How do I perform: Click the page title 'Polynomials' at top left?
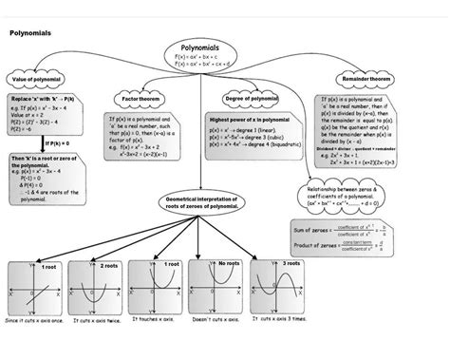point(29,33)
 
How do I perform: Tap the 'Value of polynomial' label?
point(36,79)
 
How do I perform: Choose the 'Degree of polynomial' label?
point(250,98)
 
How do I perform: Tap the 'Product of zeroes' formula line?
point(344,246)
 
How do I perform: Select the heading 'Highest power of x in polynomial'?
point(249,121)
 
